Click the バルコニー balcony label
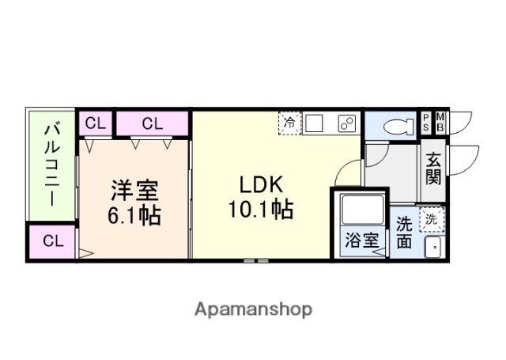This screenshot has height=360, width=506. pyautogui.click(x=52, y=164)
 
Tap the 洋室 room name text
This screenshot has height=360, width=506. pyautogui.click(x=134, y=191)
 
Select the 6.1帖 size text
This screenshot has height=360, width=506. pyautogui.click(x=134, y=214)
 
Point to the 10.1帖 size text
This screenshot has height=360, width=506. pyautogui.click(x=261, y=210)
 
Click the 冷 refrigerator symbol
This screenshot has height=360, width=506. pyautogui.click(x=290, y=123)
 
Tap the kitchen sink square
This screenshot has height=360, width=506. pyautogui.click(x=315, y=123)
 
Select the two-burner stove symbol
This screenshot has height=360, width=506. pyautogui.click(x=346, y=123)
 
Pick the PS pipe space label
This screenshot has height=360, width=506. pyautogui.click(x=426, y=122)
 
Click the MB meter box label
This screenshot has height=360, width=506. pyautogui.click(x=440, y=122)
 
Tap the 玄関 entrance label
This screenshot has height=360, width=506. pyautogui.click(x=432, y=168)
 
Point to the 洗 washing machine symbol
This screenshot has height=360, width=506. pyautogui.click(x=432, y=218)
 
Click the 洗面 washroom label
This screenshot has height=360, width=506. pyautogui.click(x=404, y=233)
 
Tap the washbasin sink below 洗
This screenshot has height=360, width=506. pyautogui.click(x=433, y=247)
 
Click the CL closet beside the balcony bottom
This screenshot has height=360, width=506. pyautogui.click(x=52, y=241)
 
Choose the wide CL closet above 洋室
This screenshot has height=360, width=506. pyautogui.click(x=153, y=123)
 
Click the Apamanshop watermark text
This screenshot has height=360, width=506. pyautogui.click(x=253, y=309)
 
